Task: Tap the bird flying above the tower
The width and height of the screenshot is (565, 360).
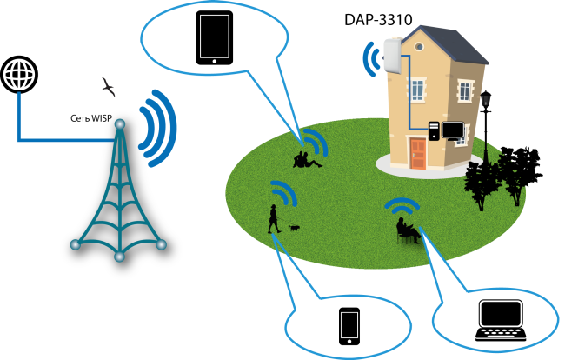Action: click(x=109, y=86)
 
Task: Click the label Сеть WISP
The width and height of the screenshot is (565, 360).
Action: click(x=92, y=117)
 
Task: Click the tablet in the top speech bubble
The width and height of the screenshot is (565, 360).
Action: click(x=213, y=38)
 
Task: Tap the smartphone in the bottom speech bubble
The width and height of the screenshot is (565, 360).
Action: click(x=349, y=326)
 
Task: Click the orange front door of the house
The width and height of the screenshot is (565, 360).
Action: click(x=418, y=153)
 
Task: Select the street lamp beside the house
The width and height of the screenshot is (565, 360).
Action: click(x=485, y=122)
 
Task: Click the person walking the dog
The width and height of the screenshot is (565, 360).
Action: click(x=274, y=218)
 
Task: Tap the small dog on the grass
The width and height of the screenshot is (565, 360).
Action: click(x=295, y=228)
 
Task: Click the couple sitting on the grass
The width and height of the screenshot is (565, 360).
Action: click(x=304, y=159)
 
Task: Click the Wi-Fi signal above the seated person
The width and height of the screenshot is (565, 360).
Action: click(x=402, y=205)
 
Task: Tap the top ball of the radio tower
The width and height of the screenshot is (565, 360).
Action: click(x=119, y=122)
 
